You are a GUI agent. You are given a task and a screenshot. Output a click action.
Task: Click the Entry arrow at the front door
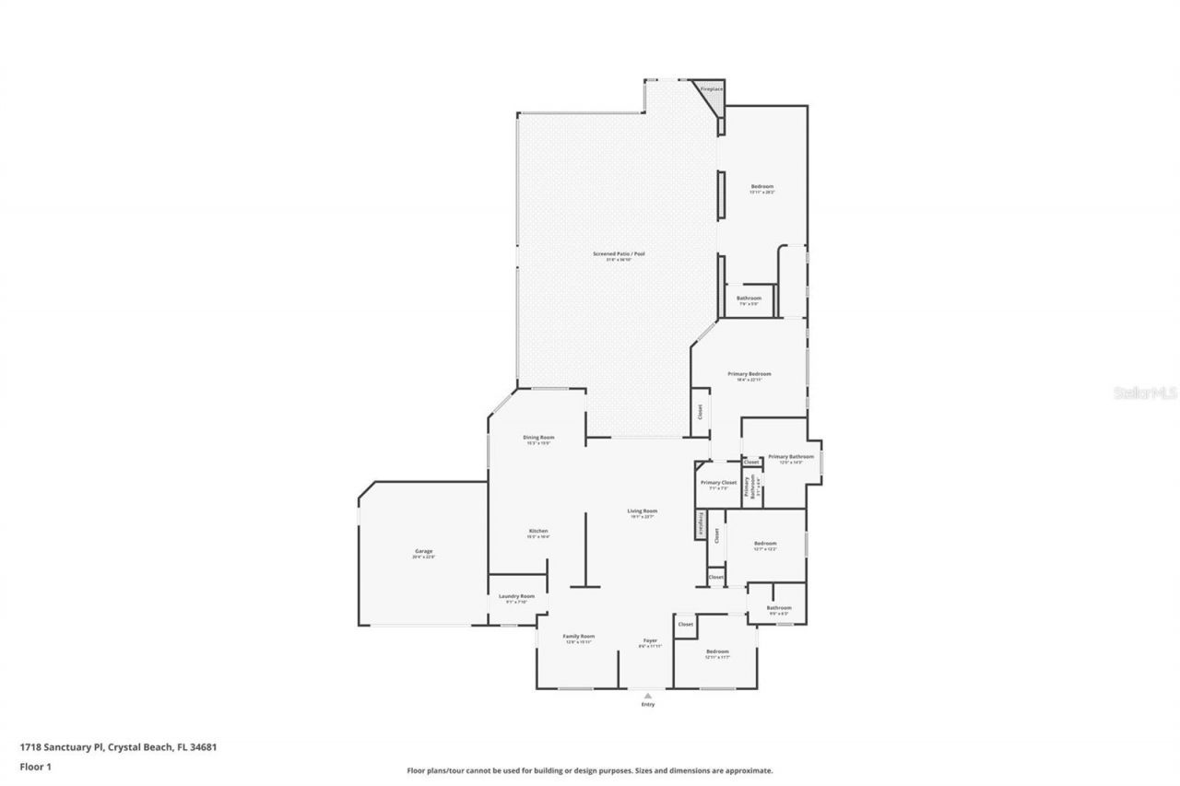pos(647,696)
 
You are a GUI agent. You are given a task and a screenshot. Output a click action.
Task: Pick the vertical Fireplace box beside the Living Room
pos(701,523)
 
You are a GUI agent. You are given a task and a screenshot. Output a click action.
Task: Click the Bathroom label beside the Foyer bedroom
pos(779,609)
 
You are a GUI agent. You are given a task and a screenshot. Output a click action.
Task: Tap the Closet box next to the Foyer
pos(686,625)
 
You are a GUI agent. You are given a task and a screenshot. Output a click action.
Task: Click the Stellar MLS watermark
pos(1145,393)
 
